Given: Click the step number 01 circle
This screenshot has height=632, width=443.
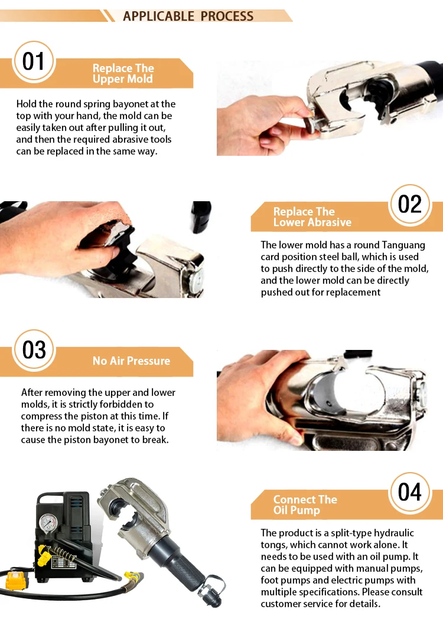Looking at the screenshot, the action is [x=34, y=62].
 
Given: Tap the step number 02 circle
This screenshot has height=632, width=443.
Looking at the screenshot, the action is [x=409, y=204].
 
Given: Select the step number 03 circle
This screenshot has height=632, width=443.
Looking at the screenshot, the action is [x=34, y=350].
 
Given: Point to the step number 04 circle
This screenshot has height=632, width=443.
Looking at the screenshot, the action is [x=409, y=493].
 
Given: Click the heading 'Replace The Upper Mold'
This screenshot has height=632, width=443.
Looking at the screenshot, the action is [x=123, y=73].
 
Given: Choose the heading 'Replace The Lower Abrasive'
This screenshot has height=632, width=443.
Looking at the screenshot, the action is [x=312, y=217].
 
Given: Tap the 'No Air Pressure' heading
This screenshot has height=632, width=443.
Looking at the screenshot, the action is [x=131, y=361].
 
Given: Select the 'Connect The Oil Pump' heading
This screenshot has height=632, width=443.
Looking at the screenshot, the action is [x=305, y=505].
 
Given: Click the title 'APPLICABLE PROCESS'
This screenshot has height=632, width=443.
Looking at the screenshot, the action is [x=188, y=16].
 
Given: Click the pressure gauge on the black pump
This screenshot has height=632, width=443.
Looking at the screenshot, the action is [x=48, y=523].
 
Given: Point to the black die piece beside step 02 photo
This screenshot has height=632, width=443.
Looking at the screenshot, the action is [x=201, y=216].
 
